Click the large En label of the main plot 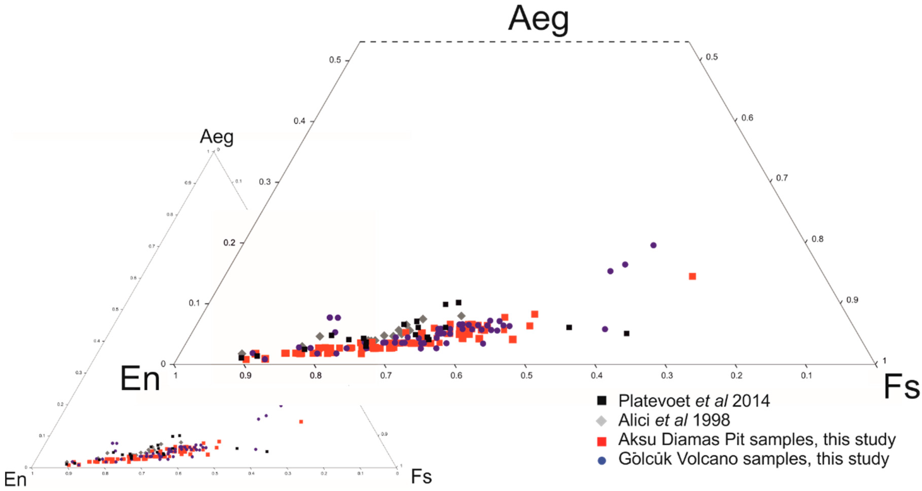140,379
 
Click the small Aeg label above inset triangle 216,136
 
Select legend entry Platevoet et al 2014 694,401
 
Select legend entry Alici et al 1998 674,420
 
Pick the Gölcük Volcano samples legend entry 753,459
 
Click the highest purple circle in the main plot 653,245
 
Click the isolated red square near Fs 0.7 692,276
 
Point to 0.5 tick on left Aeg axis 335,60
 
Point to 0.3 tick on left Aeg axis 265,182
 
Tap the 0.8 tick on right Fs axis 817,239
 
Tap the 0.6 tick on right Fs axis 747,118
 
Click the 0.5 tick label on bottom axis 526,375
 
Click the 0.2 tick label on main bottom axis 736,375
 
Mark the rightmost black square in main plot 626,334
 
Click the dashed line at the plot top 524,42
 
